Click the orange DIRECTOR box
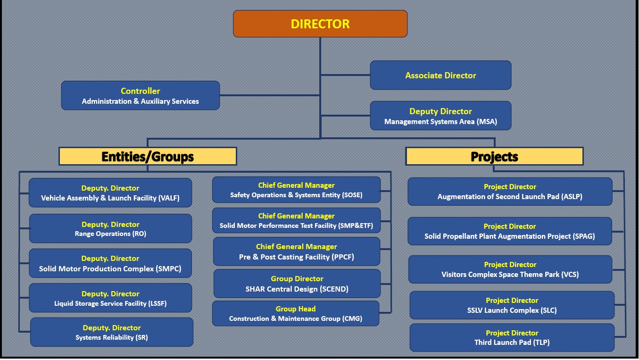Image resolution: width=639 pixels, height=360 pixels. [320, 24]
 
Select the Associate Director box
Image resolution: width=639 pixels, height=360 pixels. [440, 75]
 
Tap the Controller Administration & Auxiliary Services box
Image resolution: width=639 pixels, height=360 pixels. [141, 96]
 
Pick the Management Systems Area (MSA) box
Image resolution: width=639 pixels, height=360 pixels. [440, 116]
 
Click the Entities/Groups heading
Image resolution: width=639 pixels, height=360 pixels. [148, 156]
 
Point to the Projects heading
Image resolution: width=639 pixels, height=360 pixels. [494, 156]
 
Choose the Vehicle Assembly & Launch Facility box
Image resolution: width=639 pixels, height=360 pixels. [110, 193]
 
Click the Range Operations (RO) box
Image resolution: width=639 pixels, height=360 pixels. [110, 229]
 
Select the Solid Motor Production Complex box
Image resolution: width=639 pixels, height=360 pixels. [110, 264]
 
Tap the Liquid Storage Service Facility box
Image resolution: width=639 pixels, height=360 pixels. [110, 298]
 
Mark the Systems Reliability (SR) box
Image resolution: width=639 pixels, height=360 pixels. [112, 332]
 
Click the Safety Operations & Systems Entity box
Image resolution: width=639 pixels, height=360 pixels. [296, 190]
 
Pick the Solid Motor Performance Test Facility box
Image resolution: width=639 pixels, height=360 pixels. [296, 221]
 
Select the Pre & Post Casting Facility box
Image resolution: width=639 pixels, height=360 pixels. [297, 252]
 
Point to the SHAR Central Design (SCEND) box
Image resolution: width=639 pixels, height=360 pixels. [297, 284]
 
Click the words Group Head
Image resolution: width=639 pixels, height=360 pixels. [296, 309]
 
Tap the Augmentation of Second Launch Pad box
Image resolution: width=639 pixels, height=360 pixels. [510, 192]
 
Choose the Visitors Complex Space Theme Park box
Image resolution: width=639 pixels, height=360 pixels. [510, 269]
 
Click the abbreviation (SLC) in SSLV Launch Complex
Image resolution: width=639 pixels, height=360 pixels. [548, 310]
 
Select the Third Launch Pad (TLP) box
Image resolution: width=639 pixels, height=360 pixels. [512, 338]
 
